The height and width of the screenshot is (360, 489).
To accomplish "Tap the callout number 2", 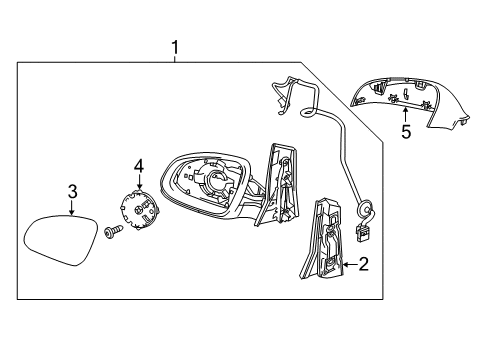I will [364, 265].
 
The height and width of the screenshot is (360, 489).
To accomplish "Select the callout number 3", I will [73, 191].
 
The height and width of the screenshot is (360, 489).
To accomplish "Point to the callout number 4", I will [140, 165].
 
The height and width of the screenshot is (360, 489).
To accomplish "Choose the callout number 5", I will [405, 130].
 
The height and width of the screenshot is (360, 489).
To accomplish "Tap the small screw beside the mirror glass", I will [111, 234].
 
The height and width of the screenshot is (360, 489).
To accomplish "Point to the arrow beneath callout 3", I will [73, 207].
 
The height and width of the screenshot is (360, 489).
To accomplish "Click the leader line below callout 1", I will [175, 58].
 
